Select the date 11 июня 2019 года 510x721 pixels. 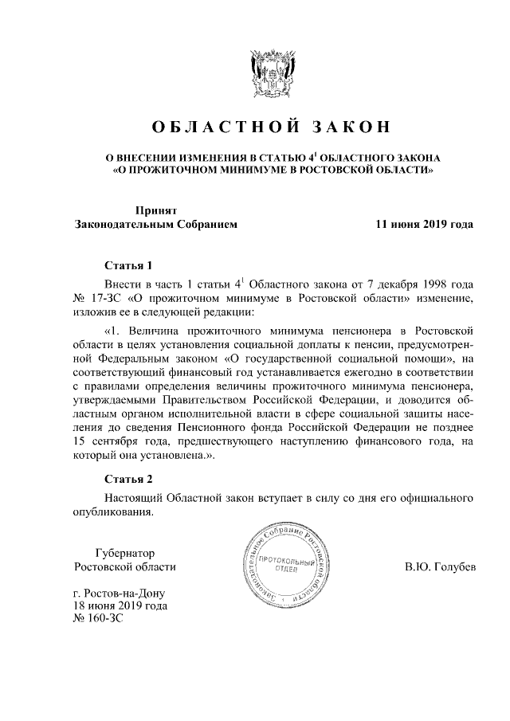(x=425, y=225)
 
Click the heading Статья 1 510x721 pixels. (x=127, y=265)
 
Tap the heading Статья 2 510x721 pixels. (x=127, y=479)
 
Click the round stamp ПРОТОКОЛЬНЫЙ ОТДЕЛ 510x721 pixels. (x=278, y=566)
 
